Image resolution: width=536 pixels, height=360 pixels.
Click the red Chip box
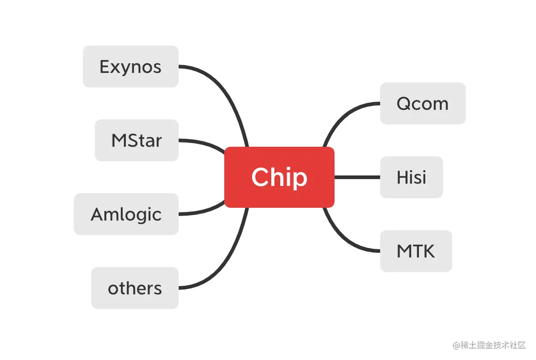click(x=279, y=177)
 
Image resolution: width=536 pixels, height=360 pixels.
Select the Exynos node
click(x=131, y=67)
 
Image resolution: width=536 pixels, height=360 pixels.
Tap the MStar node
click(x=137, y=140)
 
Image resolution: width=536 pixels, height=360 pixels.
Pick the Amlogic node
click(x=126, y=214)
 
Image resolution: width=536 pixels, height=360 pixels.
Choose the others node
click(x=135, y=288)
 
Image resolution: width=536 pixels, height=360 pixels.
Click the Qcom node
click(x=423, y=103)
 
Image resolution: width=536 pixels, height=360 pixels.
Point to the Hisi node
click(x=411, y=177)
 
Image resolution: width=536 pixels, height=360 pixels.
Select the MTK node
click(x=416, y=251)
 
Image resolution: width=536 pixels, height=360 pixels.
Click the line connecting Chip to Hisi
click(x=357, y=177)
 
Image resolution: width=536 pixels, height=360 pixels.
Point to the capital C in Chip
click(x=259, y=177)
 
